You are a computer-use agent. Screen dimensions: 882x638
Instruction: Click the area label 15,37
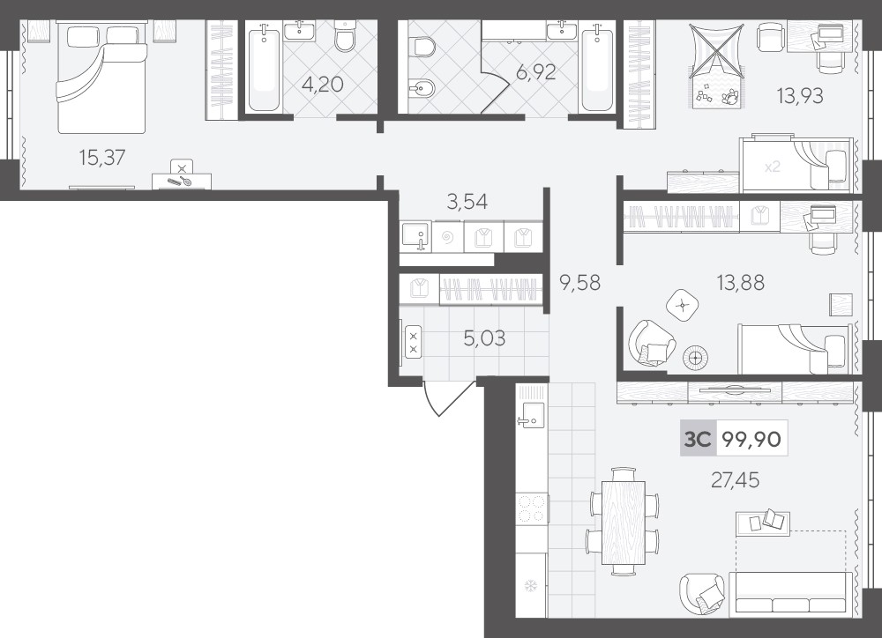click(x=102, y=158)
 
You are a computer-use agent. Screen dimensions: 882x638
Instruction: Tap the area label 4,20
click(x=322, y=85)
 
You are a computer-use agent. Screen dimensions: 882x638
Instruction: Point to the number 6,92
click(x=535, y=72)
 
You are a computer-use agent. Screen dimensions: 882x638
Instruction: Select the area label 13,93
click(x=800, y=96)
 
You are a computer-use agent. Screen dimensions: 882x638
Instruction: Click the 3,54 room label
click(x=467, y=201)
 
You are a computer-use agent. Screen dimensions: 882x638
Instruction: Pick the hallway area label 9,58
click(x=580, y=282)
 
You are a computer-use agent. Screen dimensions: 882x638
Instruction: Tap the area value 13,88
click(x=740, y=282)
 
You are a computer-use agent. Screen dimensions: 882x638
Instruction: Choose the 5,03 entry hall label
click(x=484, y=338)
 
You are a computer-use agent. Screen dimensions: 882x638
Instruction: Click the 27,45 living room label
click(x=736, y=480)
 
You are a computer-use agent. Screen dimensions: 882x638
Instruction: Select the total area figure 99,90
click(x=751, y=439)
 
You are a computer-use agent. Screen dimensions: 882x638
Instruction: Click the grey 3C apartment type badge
click(x=698, y=439)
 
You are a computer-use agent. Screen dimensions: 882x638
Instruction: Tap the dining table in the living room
click(x=624, y=523)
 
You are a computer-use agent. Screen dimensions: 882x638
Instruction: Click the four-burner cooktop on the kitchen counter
click(x=532, y=508)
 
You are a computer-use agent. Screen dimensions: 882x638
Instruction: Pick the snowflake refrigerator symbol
click(x=530, y=587)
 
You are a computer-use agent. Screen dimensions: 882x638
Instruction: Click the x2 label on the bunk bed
click(x=773, y=167)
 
